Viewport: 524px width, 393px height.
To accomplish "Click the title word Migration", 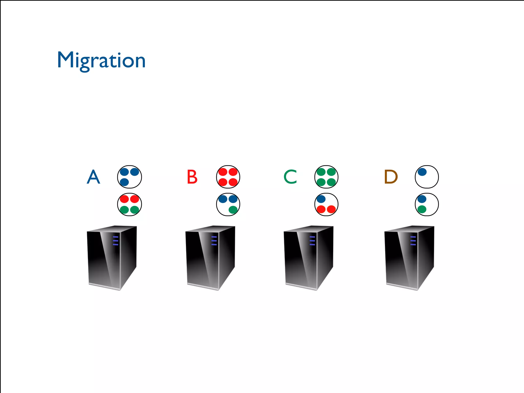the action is click(x=101, y=60).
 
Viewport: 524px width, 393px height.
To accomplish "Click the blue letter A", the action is click(x=93, y=177).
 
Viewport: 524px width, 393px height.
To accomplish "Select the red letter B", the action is click(x=192, y=177).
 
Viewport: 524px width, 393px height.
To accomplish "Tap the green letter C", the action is click(x=290, y=177).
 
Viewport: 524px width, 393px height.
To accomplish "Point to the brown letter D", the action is click(x=391, y=177).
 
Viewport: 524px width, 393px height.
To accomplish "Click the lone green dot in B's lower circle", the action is click(x=233, y=210).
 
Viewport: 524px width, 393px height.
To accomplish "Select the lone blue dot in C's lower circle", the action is click(x=321, y=199).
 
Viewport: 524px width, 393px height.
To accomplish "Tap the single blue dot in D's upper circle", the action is click(x=422, y=172).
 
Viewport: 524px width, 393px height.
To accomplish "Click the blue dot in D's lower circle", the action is click(x=422, y=199).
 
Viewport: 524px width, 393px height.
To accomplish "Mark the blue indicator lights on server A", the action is click(x=116, y=241).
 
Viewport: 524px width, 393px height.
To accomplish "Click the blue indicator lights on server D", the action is click(x=413, y=241).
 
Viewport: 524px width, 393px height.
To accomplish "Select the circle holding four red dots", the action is click(x=228, y=177).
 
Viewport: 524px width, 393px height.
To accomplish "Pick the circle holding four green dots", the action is click(x=326, y=177).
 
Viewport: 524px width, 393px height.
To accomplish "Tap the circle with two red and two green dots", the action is click(x=129, y=204).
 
